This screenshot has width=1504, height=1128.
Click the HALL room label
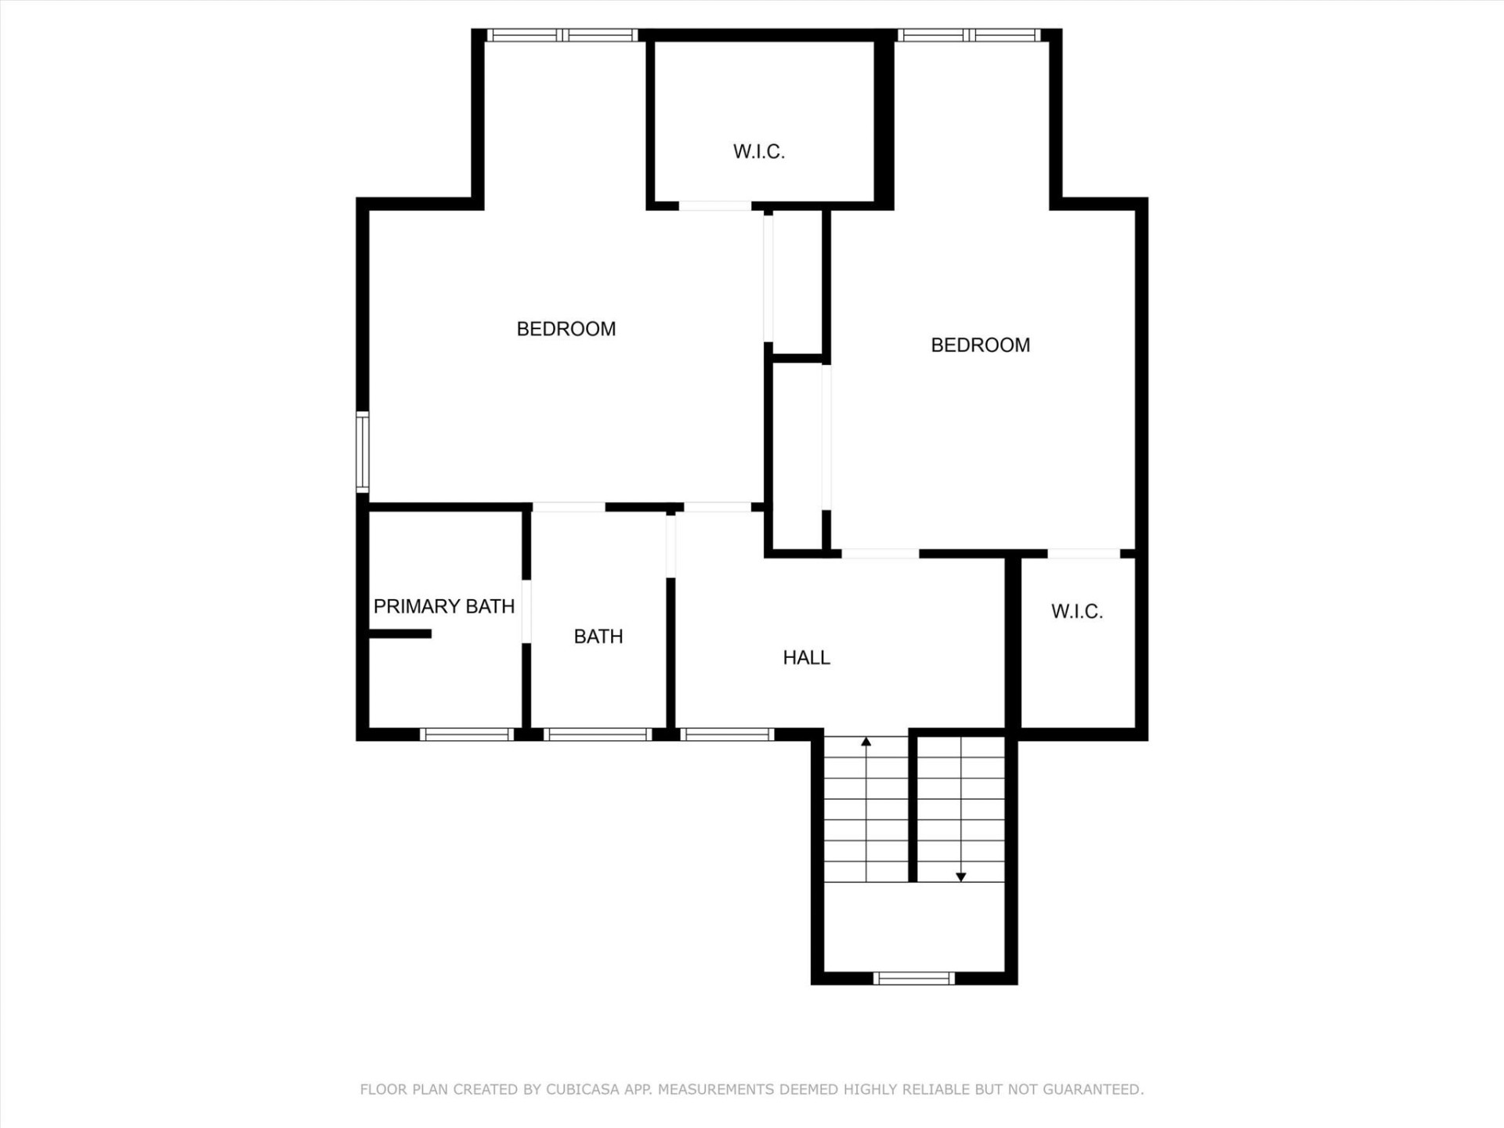tap(806, 658)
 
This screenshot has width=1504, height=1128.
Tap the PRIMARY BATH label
tap(443, 606)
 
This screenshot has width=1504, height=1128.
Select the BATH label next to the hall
tap(598, 637)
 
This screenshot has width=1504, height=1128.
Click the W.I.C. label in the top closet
tap(758, 152)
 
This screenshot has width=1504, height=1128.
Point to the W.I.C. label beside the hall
tap(1076, 612)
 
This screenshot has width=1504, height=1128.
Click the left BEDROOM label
tap(566, 329)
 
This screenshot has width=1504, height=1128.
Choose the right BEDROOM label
tap(980, 345)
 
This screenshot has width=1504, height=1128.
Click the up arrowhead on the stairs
tap(866, 741)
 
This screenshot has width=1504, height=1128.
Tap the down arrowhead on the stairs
tap(961, 877)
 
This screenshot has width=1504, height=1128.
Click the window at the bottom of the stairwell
tap(914, 978)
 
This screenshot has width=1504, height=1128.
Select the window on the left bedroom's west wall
tap(363, 452)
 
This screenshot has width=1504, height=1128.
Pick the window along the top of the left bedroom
tap(562, 35)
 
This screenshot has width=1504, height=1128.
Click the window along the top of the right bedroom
tap(969, 35)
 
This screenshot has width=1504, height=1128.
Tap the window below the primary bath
tap(467, 735)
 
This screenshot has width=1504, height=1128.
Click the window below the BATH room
tap(598, 735)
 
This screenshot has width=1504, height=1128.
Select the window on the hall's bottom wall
tap(727, 735)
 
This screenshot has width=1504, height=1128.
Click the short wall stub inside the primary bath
tap(399, 634)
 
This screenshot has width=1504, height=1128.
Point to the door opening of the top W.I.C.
tap(714, 206)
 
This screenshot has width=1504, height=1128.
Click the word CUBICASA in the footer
tap(582, 1090)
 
